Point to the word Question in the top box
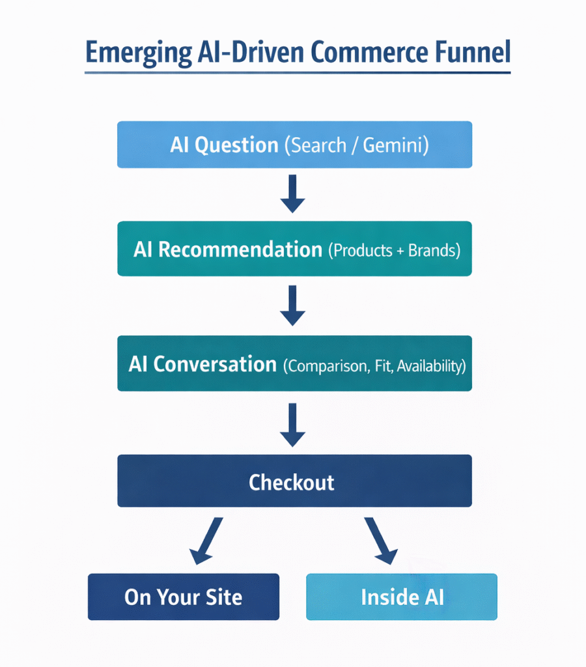pyautogui.click(x=238, y=145)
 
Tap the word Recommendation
pyautogui.click(x=240, y=249)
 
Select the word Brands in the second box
pyautogui.click(x=433, y=251)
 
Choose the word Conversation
pyautogui.click(x=215, y=364)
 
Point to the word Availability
pyautogui.click(x=430, y=366)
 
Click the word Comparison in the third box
pyautogui.click(x=327, y=366)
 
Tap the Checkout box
pyautogui.click(x=294, y=481)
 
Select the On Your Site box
pyautogui.click(x=184, y=597)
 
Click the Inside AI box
pyautogui.click(x=402, y=597)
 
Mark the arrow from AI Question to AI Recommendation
pyautogui.click(x=293, y=193)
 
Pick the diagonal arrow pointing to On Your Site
pyautogui.click(x=207, y=541)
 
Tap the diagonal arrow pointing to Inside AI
pyautogui.click(x=381, y=541)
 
